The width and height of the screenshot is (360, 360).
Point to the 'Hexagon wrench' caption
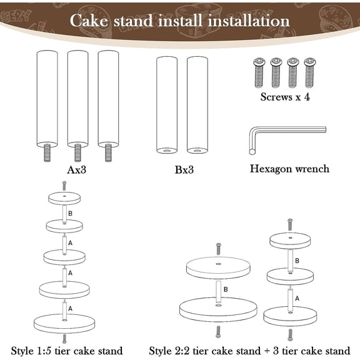point(289,169)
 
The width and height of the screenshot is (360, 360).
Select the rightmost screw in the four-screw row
point(309,72)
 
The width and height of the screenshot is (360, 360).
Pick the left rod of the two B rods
point(166,104)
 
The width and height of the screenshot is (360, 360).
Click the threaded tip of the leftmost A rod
point(47,152)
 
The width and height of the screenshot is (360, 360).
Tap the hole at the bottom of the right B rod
point(197,151)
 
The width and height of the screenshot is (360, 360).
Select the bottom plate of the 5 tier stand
point(64,324)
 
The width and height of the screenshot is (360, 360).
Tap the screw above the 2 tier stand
point(217,248)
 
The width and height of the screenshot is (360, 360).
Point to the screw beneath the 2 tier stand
point(217,331)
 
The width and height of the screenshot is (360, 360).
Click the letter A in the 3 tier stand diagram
point(297,298)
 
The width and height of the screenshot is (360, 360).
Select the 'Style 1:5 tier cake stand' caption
point(67,350)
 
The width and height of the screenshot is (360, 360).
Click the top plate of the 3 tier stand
point(289,240)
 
